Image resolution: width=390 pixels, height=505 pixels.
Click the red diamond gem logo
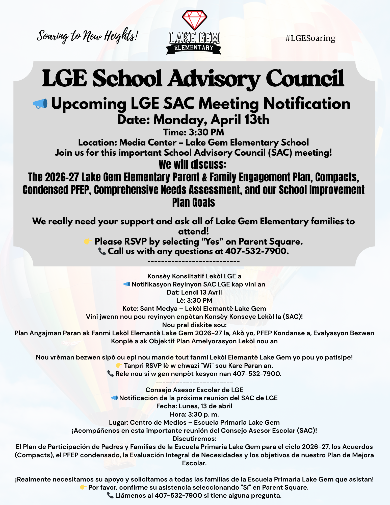click(195, 20)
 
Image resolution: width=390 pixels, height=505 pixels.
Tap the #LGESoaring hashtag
click(310, 38)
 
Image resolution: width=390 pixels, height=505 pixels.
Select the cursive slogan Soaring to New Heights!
click(87, 36)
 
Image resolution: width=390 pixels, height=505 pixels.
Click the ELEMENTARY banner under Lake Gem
click(194, 48)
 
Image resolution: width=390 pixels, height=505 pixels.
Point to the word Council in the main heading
click(305, 79)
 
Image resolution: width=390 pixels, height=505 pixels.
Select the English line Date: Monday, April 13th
click(194, 119)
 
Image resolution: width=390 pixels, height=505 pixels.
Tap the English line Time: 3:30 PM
click(194, 132)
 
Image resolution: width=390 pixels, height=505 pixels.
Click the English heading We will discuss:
click(192, 164)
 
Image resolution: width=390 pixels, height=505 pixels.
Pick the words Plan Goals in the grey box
click(194, 202)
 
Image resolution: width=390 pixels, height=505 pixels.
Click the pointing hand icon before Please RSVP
click(88, 242)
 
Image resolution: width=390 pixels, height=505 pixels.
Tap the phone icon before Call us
click(102, 251)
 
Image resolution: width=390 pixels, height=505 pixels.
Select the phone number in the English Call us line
click(257, 251)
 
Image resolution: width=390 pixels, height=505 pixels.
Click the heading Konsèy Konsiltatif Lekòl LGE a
click(194, 276)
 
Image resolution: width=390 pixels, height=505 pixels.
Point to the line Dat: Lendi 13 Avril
click(194, 292)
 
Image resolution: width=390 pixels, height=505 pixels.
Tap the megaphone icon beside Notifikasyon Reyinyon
click(126, 284)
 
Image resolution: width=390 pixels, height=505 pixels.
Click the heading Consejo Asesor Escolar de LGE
click(194, 390)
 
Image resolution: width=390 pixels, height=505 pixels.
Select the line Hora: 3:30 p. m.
click(194, 414)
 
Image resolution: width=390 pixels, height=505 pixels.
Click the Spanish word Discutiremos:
click(194, 439)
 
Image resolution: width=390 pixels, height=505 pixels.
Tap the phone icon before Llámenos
click(110, 495)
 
